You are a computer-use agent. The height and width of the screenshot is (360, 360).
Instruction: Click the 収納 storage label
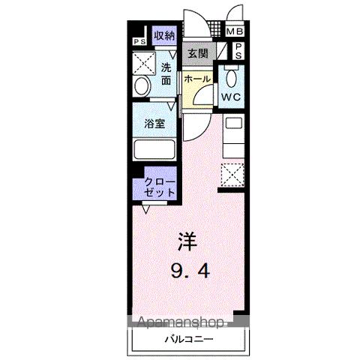164,35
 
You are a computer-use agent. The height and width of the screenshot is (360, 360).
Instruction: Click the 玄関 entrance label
198,54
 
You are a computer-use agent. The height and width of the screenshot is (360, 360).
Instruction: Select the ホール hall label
196,79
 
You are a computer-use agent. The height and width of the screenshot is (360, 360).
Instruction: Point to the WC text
229,97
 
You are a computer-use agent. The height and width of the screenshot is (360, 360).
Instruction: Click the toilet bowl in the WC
230,78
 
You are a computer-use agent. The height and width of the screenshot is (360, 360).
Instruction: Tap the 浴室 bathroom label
154,125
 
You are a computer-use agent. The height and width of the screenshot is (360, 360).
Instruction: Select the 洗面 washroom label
166,74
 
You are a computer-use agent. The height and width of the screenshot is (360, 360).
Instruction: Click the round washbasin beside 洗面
141,86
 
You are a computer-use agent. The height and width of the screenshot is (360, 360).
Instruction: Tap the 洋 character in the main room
187,241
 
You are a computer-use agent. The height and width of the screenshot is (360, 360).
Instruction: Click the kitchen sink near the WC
233,124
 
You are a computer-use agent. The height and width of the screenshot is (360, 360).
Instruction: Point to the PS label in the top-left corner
139,42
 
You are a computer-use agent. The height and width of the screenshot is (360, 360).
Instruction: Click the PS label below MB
237,52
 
